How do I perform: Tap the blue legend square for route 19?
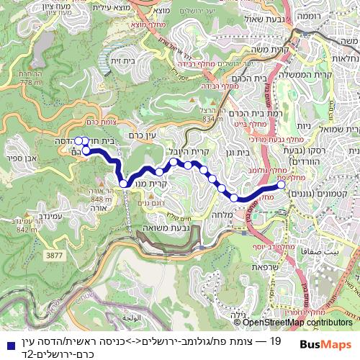pyautogui.click(x=9, y=341)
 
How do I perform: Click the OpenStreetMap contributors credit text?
pyautogui.click(x=299, y=323)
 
